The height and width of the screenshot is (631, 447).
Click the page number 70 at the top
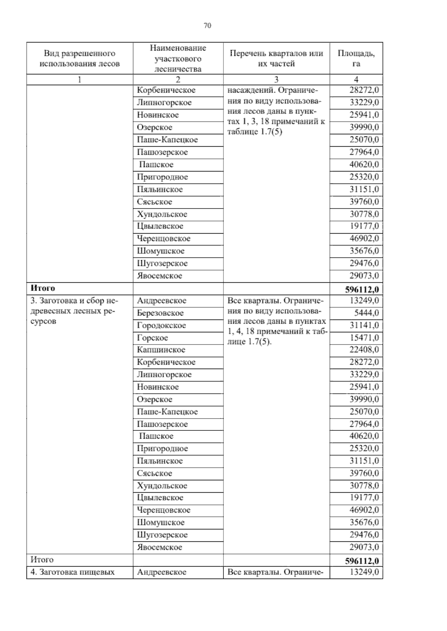coord(207,25)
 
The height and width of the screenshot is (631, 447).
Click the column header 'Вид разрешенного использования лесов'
coord(79,58)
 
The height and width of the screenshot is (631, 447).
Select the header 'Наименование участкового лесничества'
coord(178,58)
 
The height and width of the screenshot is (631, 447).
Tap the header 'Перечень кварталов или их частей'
coord(276,58)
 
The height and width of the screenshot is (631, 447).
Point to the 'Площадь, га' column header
coord(356,58)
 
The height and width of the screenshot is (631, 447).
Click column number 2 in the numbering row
coord(178,79)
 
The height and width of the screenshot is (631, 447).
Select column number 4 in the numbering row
coord(356,79)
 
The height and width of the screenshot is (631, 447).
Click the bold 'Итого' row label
coord(43,288)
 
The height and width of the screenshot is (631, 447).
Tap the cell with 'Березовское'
coord(160,313)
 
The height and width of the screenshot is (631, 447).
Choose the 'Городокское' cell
coord(161,325)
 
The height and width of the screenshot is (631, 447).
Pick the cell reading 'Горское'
coord(152,338)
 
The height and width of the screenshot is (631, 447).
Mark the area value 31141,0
coord(364,325)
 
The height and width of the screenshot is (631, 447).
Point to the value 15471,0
coord(364,338)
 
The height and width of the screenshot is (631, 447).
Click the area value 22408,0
coord(364,350)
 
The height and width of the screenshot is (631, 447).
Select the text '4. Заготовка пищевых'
coord(72,572)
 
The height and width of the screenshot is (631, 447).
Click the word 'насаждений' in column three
coord(250,90)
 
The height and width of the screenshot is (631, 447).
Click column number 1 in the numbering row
coord(79,79)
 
